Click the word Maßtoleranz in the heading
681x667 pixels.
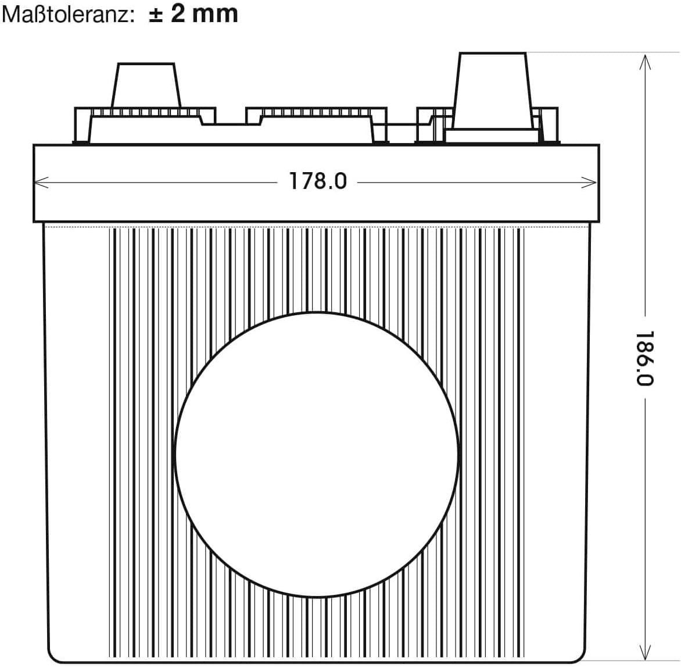[64, 14]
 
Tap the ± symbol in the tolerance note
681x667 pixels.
[155, 13]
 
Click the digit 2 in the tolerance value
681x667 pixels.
[179, 13]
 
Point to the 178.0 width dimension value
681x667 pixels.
[318, 181]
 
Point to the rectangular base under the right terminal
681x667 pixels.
[492, 137]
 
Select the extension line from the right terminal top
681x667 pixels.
[581, 53]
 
